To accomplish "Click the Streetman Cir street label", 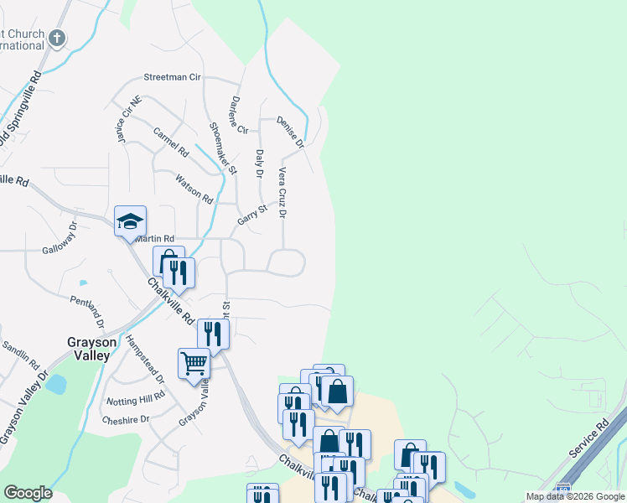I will point(173,77).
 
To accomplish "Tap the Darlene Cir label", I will point(239,115).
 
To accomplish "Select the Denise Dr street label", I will point(290,131).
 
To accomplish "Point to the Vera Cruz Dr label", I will point(283,193).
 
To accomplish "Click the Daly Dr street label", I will point(260,164).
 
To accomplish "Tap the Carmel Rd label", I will point(171,142).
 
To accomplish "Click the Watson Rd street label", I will point(194,188).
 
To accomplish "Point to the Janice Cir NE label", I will point(123,124).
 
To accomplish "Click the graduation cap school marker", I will point(130,220).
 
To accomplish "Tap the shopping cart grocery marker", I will point(194,364).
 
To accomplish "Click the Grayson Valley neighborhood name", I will point(89,348).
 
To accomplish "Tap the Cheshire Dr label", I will point(125,418).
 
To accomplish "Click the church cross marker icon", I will point(57,38).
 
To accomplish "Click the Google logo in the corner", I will point(28,493).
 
